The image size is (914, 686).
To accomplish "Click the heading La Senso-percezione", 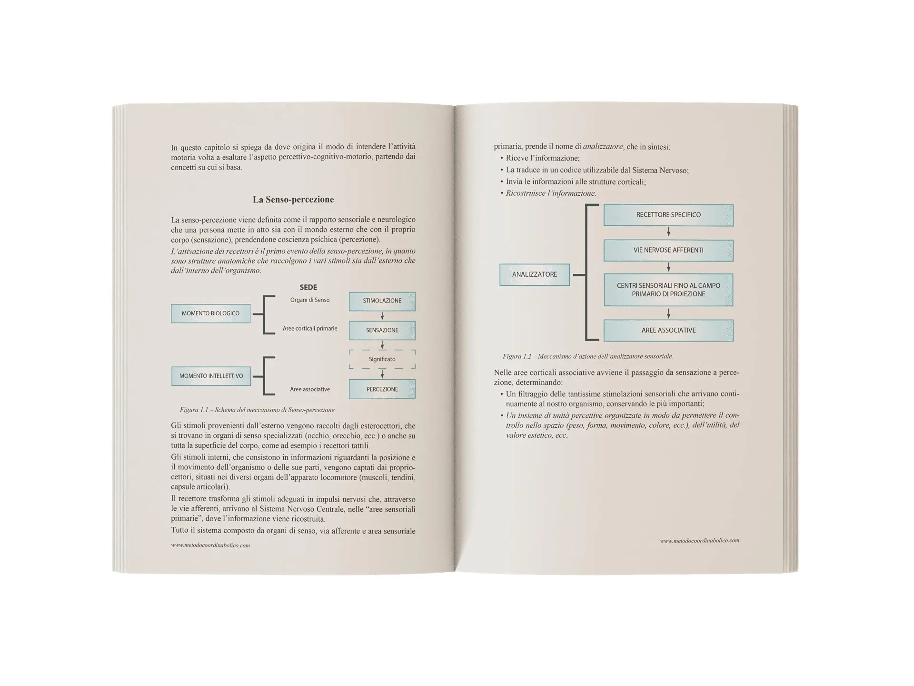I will pyautogui.click(x=293, y=200).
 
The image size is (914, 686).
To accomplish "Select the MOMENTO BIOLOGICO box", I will pyautogui.click(x=210, y=313).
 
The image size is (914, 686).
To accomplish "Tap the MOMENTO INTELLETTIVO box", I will pyautogui.click(x=211, y=376).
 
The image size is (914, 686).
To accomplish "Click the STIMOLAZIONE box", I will pyautogui.click(x=382, y=301).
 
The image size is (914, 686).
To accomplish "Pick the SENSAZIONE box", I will pyautogui.click(x=382, y=330).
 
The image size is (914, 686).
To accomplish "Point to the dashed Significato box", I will pyautogui.click(x=382, y=359).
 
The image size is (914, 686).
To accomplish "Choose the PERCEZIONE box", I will pyautogui.click(x=382, y=389).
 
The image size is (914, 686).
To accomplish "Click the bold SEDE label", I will pyautogui.click(x=308, y=287).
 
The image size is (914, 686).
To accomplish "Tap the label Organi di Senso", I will pyautogui.click(x=309, y=300).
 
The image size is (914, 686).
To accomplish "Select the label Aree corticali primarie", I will pyautogui.click(x=309, y=329).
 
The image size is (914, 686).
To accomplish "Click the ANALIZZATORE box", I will pyautogui.click(x=534, y=274).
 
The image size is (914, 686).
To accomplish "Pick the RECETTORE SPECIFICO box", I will pyautogui.click(x=668, y=215).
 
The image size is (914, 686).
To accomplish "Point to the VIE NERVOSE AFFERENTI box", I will pyautogui.click(x=668, y=250).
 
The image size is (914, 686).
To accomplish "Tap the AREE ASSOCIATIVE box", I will pyautogui.click(x=668, y=330).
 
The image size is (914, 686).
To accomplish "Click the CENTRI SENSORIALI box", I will pyautogui.click(x=668, y=290).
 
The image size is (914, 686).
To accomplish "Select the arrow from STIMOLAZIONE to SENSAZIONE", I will pyautogui.click(x=382, y=316).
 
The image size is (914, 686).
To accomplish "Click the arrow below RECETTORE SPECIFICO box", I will pyautogui.click(x=668, y=232).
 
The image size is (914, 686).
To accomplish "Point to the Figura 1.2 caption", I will pyautogui.click(x=587, y=356).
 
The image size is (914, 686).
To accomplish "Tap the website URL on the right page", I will pyautogui.click(x=699, y=541).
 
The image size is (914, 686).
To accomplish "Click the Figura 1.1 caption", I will pyautogui.click(x=258, y=410).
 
